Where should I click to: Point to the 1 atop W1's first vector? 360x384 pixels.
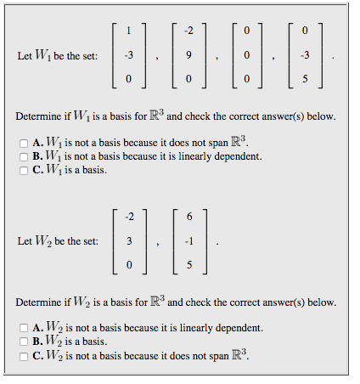pos(128,32)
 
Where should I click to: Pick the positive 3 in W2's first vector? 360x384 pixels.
pos(128,240)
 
